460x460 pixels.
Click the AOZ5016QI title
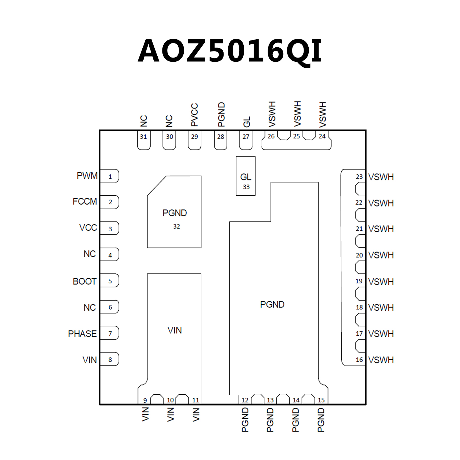tap(230, 51)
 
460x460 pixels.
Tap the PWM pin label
tap(87, 176)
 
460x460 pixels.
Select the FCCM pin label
tap(85, 201)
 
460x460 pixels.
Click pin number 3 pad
tap(110, 229)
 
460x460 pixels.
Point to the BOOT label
tap(85, 281)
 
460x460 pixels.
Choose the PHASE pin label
tap(82, 334)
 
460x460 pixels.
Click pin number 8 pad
tap(110, 359)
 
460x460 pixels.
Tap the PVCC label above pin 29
tap(194, 115)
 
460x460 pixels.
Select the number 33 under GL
tap(246, 187)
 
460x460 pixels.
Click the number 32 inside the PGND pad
tap(177, 227)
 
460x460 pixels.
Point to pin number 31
tap(143, 137)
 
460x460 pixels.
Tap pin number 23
tap(359, 177)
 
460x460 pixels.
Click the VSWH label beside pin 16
tap(381, 360)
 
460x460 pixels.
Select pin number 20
tap(359, 255)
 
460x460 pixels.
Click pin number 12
tap(245, 400)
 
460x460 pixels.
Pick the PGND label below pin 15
tap(321, 420)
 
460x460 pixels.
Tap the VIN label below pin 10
tap(171, 414)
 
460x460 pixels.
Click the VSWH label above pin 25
tap(297, 114)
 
